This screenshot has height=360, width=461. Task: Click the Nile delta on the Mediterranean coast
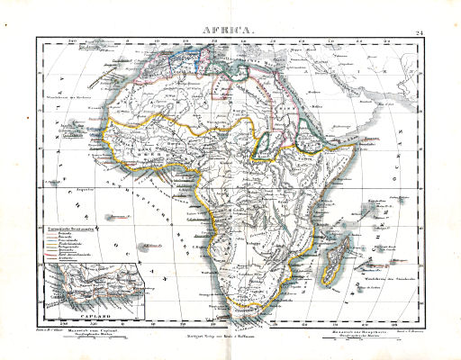pyautogui.click(x=274, y=76)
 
